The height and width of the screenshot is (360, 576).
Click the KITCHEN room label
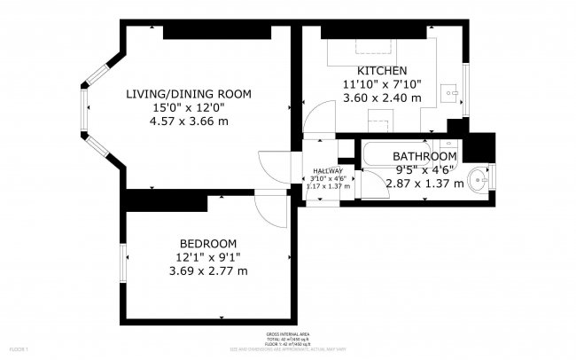tap(382, 71)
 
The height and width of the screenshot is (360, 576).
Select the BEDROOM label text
tap(208, 244)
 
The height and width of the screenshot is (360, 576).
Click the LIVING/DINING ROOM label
tap(188, 94)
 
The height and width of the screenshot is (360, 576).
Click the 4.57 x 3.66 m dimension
tap(188, 121)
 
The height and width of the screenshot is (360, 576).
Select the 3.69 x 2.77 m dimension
tap(208, 270)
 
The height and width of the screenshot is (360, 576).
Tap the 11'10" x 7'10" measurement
tap(382, 84)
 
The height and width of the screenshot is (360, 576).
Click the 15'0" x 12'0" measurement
tap(188, 108)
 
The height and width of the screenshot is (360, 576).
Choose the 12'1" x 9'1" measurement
tap(208, 257)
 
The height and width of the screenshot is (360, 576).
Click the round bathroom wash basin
tap(480, 179)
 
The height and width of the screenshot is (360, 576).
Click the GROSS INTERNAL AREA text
tap(287, 335)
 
